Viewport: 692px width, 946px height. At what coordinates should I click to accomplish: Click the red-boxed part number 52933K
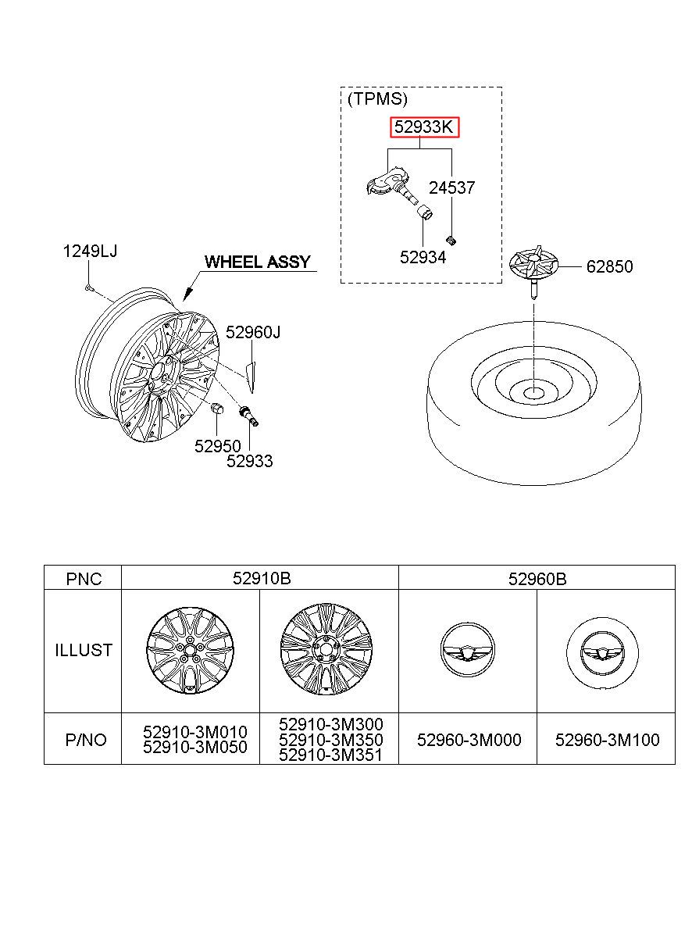click(423, 127)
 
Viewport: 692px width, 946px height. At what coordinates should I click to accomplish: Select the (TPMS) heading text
click(377, 99)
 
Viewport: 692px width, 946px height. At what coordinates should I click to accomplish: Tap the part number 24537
click(451, 187)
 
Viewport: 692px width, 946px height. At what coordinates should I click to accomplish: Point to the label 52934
click(423, 257)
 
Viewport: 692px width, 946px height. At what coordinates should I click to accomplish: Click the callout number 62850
click(609, 266)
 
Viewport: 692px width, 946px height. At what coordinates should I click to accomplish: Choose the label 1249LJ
click(90, 252)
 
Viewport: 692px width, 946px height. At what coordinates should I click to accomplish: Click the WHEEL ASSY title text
click(258, 262)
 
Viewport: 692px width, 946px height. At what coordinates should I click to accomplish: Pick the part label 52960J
click(253, 332)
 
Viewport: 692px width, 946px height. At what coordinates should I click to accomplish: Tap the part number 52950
click(217, 446)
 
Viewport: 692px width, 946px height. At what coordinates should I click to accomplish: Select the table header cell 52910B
click(262, 579)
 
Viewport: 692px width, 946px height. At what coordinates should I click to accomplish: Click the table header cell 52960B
click(537, 579)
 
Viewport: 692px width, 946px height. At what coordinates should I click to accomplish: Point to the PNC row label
click(84, 579)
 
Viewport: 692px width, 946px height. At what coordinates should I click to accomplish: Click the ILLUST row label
click(84, 650)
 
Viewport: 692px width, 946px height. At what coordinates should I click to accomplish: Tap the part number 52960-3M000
click(469, 740)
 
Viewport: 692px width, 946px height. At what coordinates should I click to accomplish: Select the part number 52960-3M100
click(607, 740)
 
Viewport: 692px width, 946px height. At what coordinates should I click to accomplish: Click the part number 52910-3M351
click(330, 755)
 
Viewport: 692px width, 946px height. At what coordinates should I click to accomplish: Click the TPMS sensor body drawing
click(391, 183)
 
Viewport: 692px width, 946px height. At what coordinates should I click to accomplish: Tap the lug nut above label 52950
click(216, 409)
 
